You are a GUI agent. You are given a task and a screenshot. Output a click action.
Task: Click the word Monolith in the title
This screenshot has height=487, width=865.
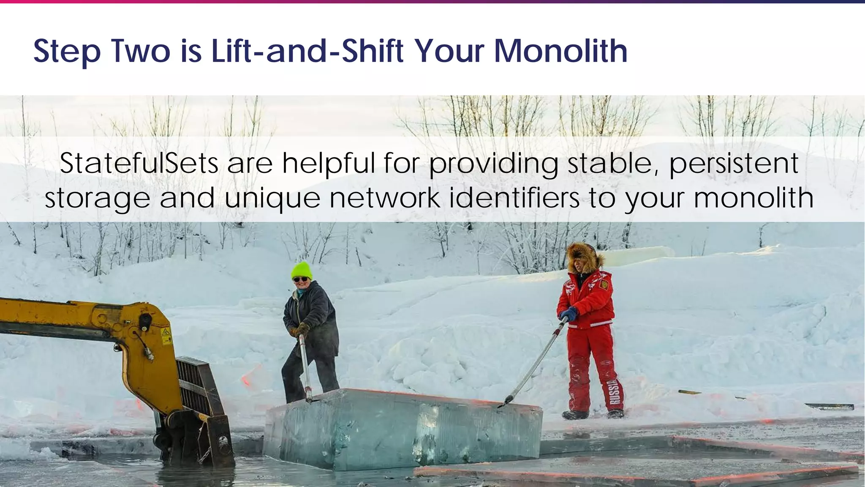click(x=560, y=51)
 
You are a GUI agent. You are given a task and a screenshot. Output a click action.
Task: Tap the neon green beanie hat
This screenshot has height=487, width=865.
click(x=302, y=270)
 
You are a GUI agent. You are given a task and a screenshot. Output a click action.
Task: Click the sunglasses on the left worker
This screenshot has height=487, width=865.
click(x=300, y=279)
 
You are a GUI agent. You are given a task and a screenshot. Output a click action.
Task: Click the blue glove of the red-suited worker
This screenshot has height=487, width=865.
click(x=568, y=314)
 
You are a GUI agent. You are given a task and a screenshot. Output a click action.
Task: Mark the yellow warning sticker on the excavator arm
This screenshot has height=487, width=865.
click(x=166, y=334)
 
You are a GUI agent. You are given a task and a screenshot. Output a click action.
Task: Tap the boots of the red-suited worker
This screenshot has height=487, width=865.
click(x=591, y=414)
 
